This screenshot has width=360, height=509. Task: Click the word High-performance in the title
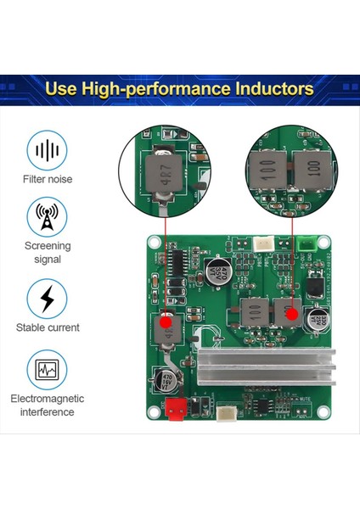pos(160,88)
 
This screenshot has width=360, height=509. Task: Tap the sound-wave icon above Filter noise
pos(47,150)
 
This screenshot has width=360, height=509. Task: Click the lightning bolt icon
pos(47,299)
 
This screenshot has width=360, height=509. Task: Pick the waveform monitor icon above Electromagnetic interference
pos(47,369)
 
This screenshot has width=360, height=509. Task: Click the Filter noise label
pos(48,179)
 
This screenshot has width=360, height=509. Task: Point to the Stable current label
pos(48,327)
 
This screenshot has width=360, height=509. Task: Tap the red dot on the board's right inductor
pos(291,313)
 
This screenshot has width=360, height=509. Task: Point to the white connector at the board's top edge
pos(265,243)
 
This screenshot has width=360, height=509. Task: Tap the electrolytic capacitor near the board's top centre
pos(215,271)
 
